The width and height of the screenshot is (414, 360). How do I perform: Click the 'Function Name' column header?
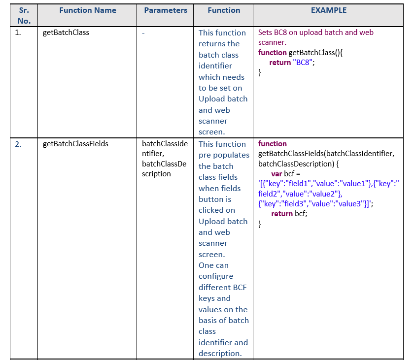pyautogui.click(x=88, y=10)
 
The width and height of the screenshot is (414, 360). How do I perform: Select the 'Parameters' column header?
pyautogui.click(x=166, y=10)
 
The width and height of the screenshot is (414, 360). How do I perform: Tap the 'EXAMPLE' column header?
pyautogui.click(x=329, y=10)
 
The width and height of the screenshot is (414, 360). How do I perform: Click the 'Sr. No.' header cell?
pyautogui.click(x=24, y=16)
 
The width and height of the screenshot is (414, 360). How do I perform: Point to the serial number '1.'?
pyautogui.click(x=18, y=33)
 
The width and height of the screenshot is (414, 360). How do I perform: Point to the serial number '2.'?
pyautogui.click(x=18, y=144)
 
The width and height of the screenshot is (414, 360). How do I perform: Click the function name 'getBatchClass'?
pyautogui.click(x=66, y=33)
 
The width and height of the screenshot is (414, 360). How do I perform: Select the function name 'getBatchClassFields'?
pyautogui.click(x=75, y=144)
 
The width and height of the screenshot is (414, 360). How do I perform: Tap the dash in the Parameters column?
pyautogui.click(x=143, y=33)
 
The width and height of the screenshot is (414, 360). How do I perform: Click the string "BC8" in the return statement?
pyautogui.click(x=303, y=63)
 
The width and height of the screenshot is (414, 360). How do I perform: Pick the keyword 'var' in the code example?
pyautogui.click(x=276, y=174)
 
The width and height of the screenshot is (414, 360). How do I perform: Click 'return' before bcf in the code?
pyautogui.click(x=282, y=214)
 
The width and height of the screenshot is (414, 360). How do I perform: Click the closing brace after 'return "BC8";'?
pyautogui.click(x=260, y=72)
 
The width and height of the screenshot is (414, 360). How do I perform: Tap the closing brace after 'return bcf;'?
pyautogui.click(x=260, y=224)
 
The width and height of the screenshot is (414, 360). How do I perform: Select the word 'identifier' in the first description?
pyautogui.click(x=215, y=65)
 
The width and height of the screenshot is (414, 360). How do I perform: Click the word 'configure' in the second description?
pyautogui.click(x=216, y=276)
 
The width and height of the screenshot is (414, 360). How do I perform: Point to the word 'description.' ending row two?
pyautogui.click(x=220, y=353)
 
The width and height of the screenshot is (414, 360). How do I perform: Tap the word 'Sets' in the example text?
pyautogui.click(x=265, y=33)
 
